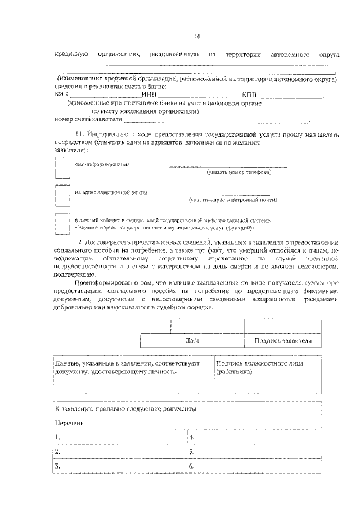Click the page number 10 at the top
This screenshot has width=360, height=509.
197,37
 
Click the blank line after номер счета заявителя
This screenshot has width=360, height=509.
216,120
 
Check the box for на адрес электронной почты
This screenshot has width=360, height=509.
62,196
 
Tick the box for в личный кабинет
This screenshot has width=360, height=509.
62,224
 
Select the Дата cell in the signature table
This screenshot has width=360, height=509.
192,341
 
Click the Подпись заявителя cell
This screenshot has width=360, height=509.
283,341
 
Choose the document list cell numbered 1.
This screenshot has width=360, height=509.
119,436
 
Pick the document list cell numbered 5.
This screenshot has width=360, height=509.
253,451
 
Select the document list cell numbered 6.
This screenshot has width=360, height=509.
253,466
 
